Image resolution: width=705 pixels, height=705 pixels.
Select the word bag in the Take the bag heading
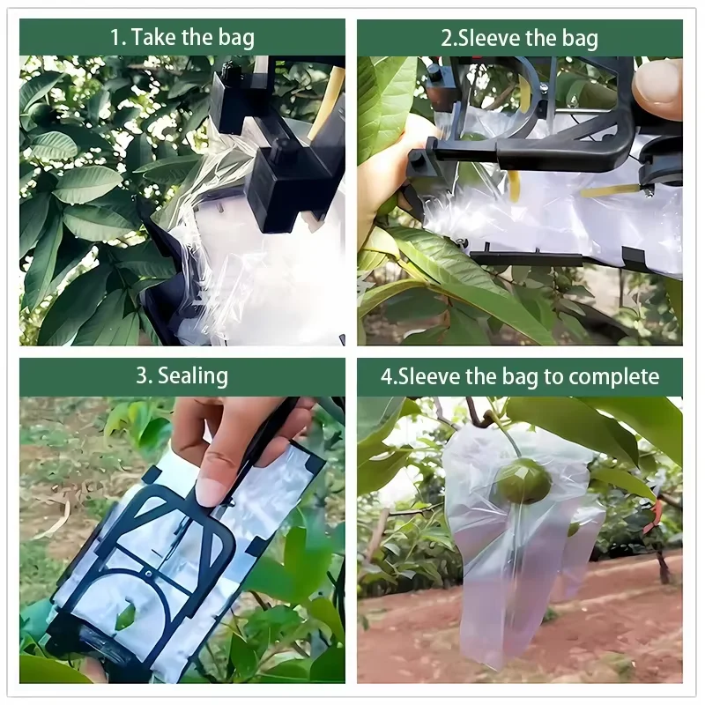point(234,38)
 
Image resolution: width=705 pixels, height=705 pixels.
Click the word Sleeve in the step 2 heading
point(490,38)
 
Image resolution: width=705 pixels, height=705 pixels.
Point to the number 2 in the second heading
point(447,38)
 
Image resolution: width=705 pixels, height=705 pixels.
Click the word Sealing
point(193,376)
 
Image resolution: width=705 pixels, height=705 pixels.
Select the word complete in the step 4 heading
point(614,376)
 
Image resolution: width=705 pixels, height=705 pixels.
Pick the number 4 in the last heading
point(386,376)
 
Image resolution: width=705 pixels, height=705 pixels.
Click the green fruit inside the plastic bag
point(523,481)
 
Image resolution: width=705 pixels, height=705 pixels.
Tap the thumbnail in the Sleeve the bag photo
point(657,88)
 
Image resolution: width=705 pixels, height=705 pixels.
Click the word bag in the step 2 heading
point(580,38)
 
